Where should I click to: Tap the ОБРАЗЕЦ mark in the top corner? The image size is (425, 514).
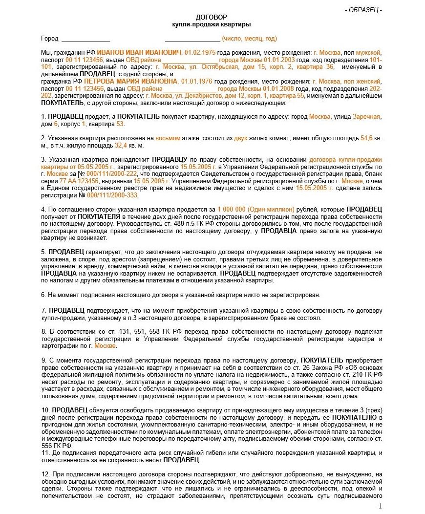363,10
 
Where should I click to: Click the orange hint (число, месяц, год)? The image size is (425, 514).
249,39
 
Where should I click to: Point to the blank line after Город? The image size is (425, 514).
85,40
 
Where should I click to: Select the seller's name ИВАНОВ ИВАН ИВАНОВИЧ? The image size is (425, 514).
139,52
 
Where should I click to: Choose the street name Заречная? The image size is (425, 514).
366,117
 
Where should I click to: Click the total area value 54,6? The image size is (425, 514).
366,138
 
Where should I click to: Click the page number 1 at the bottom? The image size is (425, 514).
381,506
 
